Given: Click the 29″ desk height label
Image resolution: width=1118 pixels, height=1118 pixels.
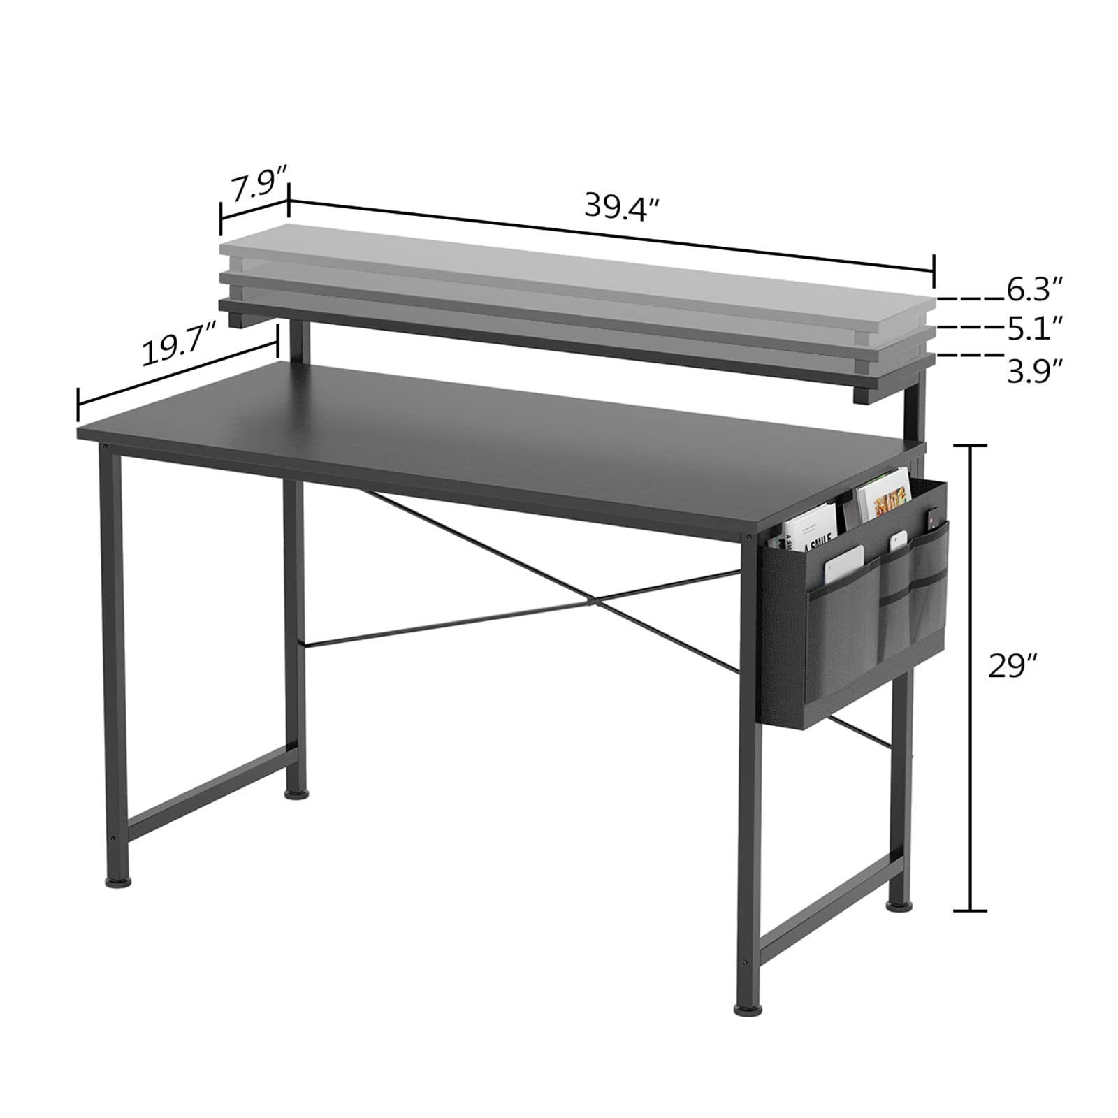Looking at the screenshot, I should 1011,666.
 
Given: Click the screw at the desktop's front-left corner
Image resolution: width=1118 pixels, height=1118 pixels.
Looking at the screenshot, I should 104,446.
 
